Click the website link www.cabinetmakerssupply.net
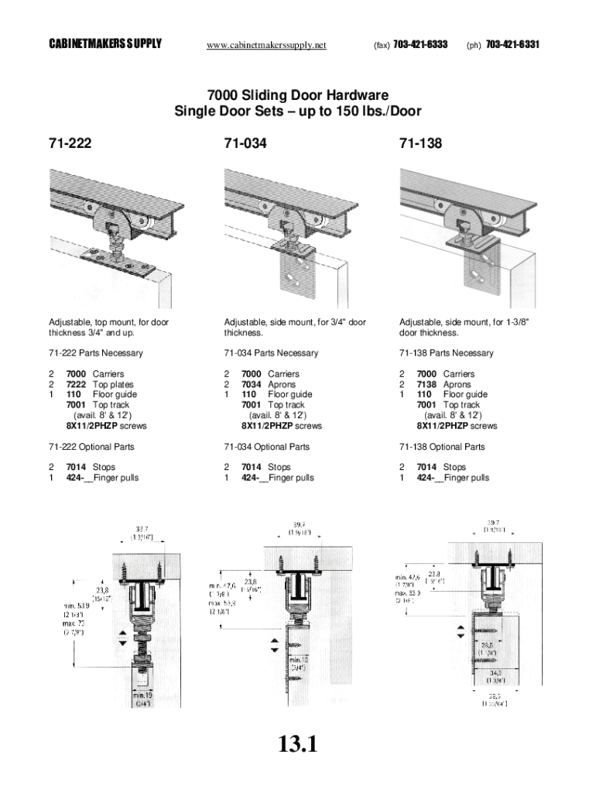click(266, 45)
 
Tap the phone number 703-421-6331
click(512, 45)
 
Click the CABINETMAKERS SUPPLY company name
click(105, 45)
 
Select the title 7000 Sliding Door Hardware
click(298, 96)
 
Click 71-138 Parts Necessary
click(446, 353)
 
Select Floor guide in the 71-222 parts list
click(115, 395)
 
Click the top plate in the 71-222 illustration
click(124, 261)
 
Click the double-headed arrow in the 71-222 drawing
click(122, 639)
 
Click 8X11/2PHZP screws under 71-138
click(457, 426)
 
